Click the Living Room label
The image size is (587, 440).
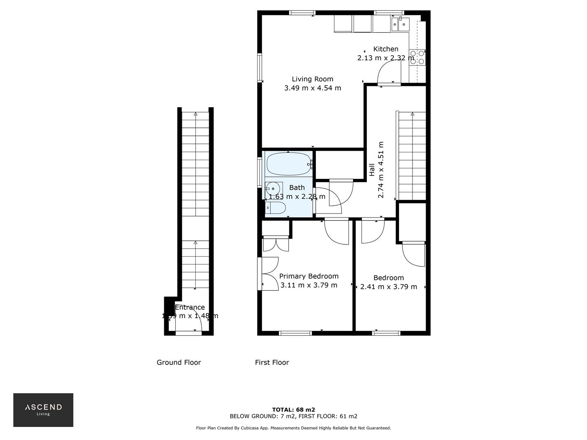(312, 79)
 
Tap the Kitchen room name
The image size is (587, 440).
(386, 49)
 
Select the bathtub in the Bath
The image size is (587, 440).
(288, 164)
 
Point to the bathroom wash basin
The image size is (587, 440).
(273, 189)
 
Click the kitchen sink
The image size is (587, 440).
(400, 24)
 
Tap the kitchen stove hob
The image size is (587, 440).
(417, 57)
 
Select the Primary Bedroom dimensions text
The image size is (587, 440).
(309, 285)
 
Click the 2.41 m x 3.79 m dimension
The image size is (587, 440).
(388, 287)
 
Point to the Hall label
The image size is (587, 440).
(372, 170)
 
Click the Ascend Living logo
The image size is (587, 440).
(43, 409)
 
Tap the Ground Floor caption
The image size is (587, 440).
(179, 362)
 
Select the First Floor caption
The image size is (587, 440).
(272, 362)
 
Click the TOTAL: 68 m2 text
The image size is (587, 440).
(293, 409)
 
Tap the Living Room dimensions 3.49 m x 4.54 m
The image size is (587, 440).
(312, 88)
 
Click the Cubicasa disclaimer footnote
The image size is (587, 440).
(293, 428)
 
